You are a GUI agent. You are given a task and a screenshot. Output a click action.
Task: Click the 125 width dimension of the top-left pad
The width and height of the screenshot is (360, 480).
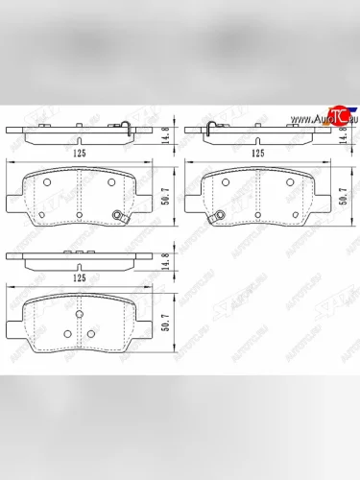(80, 151)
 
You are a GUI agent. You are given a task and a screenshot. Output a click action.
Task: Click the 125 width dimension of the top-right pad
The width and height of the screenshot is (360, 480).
(257, 152)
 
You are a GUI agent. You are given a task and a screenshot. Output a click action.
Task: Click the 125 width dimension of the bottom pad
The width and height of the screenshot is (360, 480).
(80, 279)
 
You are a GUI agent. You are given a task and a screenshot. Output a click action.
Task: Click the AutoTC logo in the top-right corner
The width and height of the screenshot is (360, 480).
(329, 119)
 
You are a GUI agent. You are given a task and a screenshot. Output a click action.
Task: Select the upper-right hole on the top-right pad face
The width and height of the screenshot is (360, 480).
(289, 180)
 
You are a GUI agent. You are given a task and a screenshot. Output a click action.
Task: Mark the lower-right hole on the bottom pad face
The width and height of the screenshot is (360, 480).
(91, 334)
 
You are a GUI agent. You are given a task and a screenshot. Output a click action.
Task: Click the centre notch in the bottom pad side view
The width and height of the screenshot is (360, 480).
(80, 252)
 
